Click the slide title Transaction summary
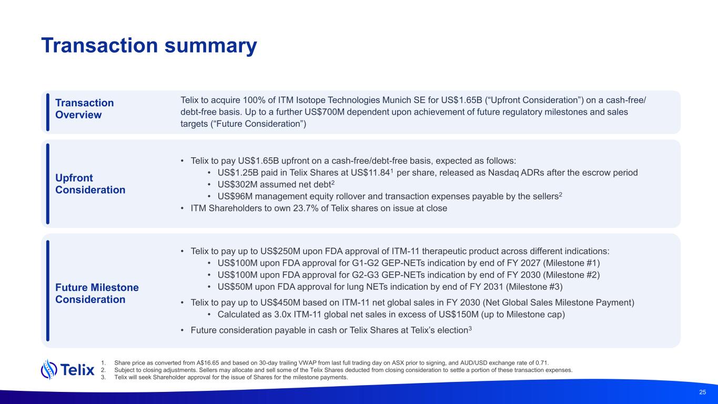pos(149,46)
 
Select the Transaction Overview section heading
pos(84,109)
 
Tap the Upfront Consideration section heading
pos(90,184)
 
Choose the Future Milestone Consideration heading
pos(97,294)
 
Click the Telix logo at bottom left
pos(68,370)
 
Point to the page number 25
pos(702,392)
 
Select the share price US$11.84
pos(370,173)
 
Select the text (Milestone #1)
pos(571,263)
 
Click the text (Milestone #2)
pos(571,275)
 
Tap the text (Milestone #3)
pos(534,287)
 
